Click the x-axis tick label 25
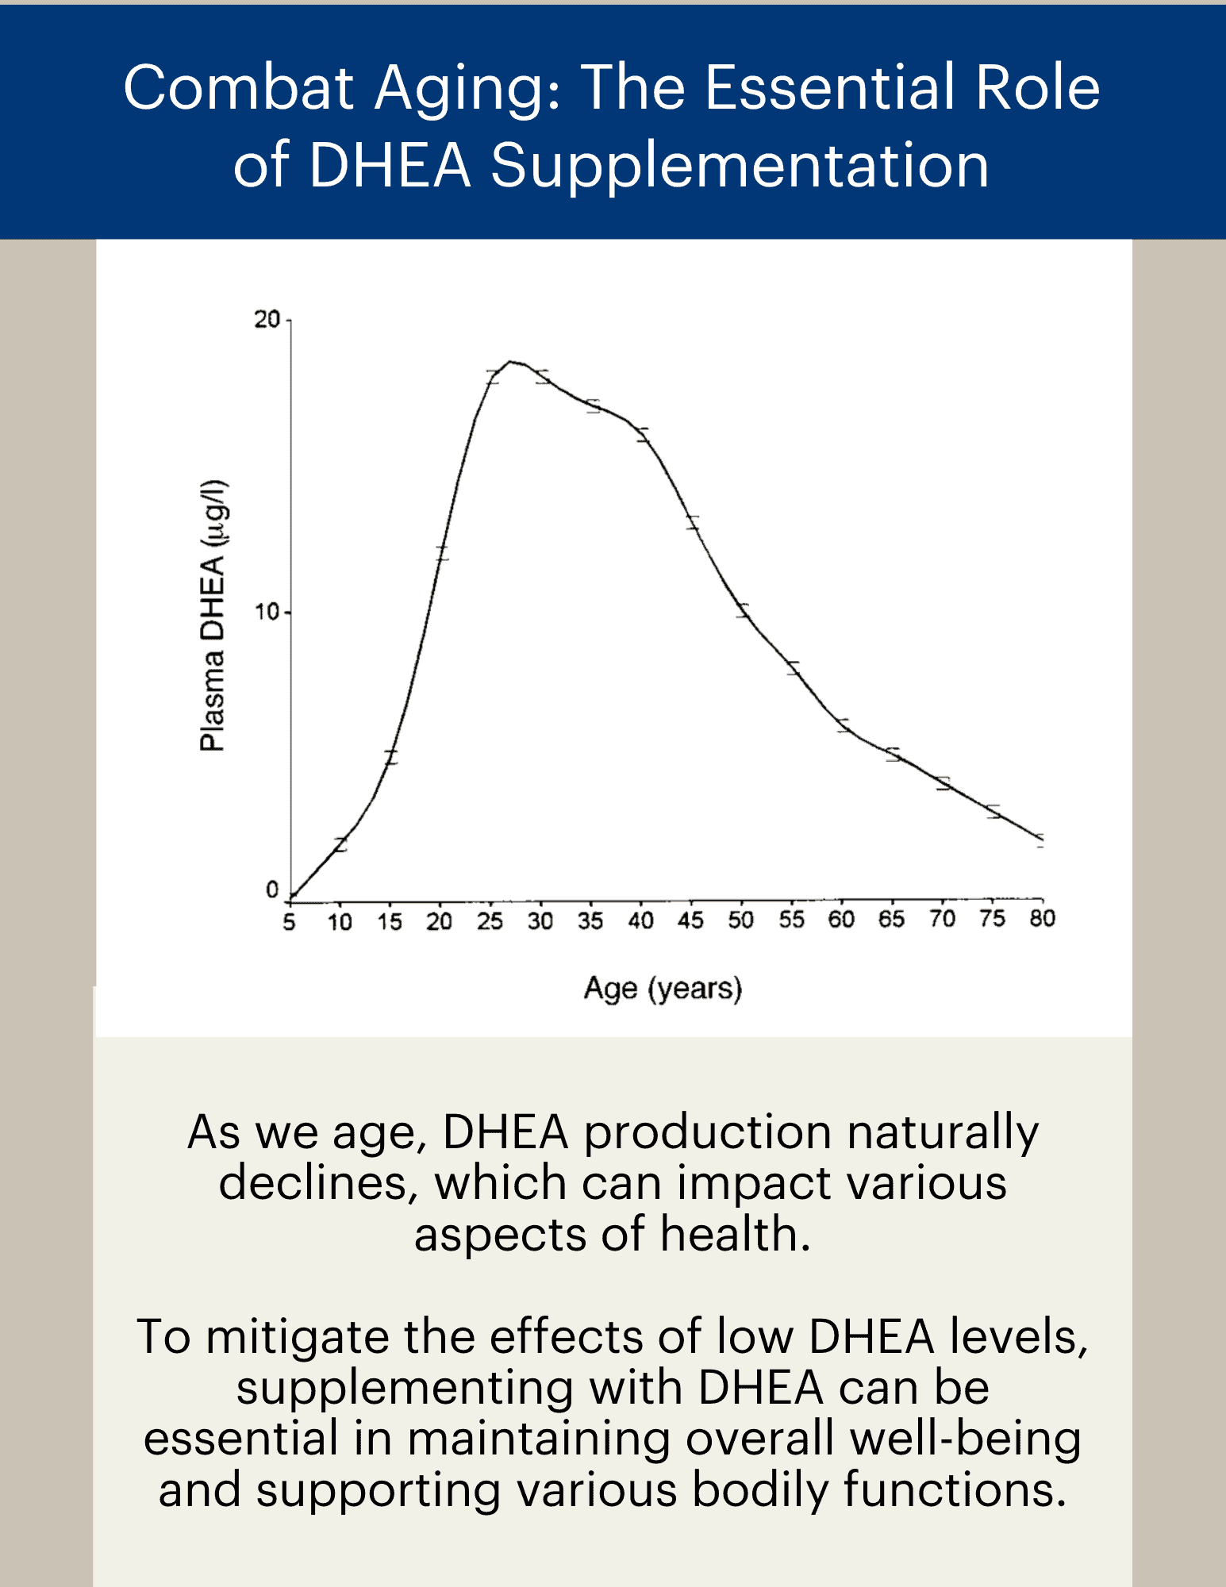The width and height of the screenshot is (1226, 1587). tap(490, 921)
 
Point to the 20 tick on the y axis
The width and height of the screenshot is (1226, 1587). tap(267, 319)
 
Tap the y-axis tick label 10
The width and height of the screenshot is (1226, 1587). tap(267, 612)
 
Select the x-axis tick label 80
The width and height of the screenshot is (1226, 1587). tap(1042, 918)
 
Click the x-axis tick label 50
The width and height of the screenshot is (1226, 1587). tap(740, 920)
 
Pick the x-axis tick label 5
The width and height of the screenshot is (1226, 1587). tap(289, 922)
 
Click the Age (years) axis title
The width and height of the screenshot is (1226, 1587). tap(663, 989)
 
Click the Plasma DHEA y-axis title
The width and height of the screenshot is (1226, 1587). tap(213, 616)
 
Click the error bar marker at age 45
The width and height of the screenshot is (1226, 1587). tap(693, 522)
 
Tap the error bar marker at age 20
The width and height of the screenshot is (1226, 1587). tap(441, 553)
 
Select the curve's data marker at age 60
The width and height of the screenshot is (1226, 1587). tap(843, 725)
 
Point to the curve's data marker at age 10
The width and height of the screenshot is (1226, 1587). tap(340, 844)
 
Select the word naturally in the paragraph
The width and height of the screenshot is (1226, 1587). tap(943, 1132)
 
